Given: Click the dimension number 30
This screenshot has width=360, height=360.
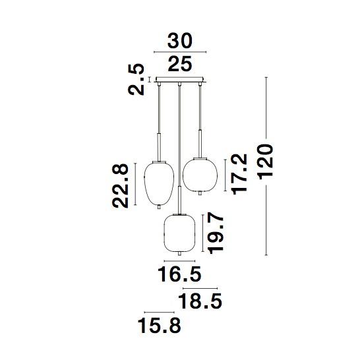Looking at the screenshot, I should (x=179, y=41).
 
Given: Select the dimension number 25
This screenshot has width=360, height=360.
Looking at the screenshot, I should (x=179, y=64).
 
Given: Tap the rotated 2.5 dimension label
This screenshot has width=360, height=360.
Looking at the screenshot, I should (x=137, y=79).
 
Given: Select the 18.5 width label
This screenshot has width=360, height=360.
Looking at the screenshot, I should (x=199, y=302).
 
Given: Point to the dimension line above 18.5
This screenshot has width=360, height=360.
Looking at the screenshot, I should (x=200, y=287).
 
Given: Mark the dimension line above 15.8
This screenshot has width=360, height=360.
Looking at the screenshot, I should (x=158, y=311).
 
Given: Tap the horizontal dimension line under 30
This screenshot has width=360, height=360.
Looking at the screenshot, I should (x=179, y=52).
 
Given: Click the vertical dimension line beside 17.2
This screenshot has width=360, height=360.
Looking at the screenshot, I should (x=225, y=174).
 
